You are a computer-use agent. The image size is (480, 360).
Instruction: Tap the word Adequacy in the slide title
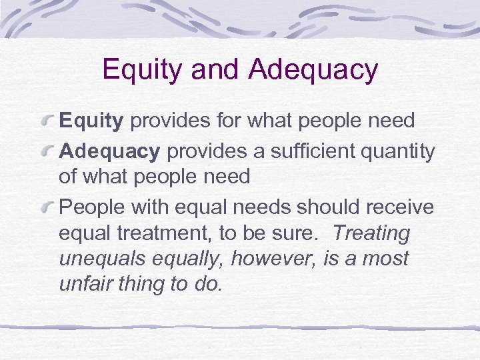[x=313, y=70]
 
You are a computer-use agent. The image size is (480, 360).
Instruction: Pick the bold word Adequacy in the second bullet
[x=110, y=151]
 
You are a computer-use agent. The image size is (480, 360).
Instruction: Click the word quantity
[x=399, y=152]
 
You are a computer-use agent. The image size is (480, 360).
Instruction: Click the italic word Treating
[x=371, y=233]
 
